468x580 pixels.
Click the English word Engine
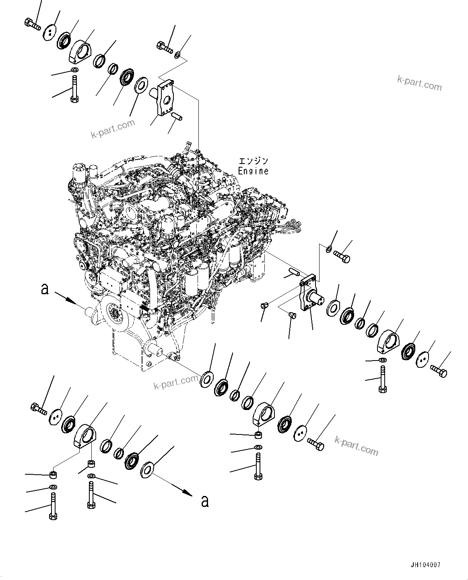pos(253,171)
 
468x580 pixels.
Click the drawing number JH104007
pos(426,565)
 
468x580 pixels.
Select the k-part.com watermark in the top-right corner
pos(419,84)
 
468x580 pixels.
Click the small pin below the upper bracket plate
pos(177,117)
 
